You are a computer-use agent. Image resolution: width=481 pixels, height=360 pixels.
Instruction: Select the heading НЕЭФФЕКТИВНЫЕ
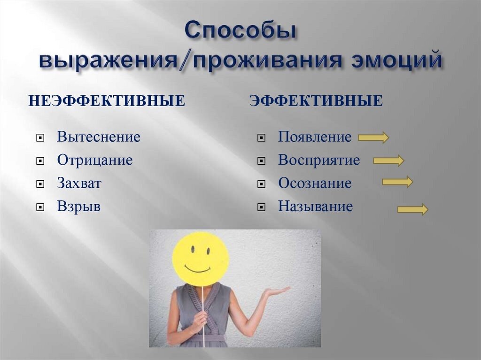tap(107, 100)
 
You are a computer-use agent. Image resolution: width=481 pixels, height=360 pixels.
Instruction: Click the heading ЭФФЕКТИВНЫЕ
tap(316, 100)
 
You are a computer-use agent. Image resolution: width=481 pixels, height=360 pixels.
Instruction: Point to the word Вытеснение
tap(99, 137)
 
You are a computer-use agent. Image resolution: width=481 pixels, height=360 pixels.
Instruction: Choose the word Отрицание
tap(95, 160)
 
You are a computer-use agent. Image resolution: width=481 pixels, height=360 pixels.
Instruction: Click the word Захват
tap(79, 184)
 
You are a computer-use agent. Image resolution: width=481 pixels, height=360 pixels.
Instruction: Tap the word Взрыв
tap(79, 207)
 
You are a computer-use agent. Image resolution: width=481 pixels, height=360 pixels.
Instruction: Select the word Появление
tap(315, 137)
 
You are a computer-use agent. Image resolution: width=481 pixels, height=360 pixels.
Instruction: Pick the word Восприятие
tap(319, 160)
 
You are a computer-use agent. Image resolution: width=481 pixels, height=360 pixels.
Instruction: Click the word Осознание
tap(315, 184)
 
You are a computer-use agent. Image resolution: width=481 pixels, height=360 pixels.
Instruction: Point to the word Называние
tap(315, 207)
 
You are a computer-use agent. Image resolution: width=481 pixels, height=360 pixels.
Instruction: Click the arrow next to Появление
tap(373, 137)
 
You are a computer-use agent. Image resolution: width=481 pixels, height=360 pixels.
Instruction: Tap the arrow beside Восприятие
tap(388, 161)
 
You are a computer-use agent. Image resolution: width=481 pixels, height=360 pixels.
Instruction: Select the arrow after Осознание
tap(397, 182)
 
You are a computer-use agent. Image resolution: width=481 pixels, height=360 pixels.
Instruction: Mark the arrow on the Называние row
tap(412, 209)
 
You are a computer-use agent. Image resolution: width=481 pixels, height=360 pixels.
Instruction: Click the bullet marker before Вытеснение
tap(40, 138)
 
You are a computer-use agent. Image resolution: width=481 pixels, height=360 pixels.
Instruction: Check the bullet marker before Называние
tap(261, 207)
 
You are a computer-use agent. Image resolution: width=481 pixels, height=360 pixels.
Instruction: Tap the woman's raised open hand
tap(276, 291)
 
